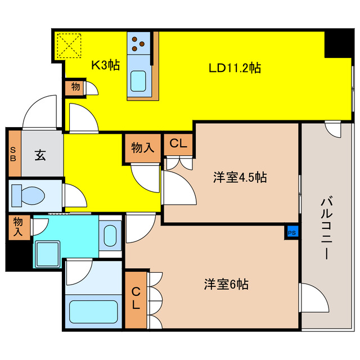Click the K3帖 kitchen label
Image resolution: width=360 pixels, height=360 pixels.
pyautogui.click(x=105, y=65)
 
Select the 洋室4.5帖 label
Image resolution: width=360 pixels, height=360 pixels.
pyautogui.click(x=239, y=178)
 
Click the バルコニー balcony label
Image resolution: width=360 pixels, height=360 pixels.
pyautogui.click(x=326, y=227)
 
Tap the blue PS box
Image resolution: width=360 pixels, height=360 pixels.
pyautogui.click(x=291, y=232)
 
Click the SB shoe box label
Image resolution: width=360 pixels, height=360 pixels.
pyautogui.click(x=13, y=154)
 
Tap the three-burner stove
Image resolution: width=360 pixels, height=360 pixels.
pyautogui.click(x=139, y=43)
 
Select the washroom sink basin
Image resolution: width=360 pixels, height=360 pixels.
pyautogui.click(x=111, y=235)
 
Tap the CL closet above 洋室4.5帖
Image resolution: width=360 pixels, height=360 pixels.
pyautogui.click(x=178, y=143)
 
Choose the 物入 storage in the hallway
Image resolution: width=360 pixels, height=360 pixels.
pyautogui.click(x=143, y=148)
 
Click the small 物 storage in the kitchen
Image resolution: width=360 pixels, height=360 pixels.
pyautogui.click(x=75, y=87)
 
